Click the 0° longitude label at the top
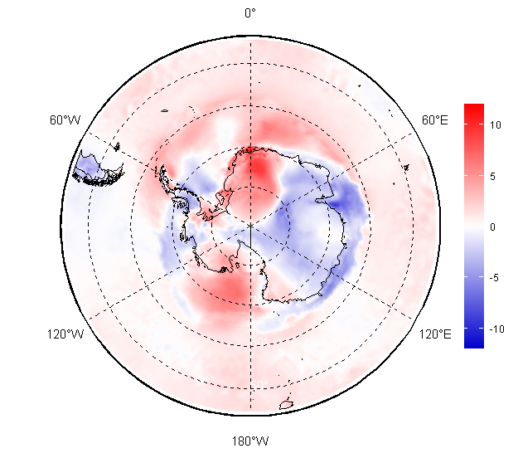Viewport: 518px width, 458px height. pyautogui.click(x=250, y=13)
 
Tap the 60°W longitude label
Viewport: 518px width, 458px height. pyautogui.click(x=65, y=120)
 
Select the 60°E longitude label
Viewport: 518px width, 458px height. pyautogui.click(x=435, y=120)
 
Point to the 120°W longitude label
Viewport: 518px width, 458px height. pyautogui.click(x=65, y=334)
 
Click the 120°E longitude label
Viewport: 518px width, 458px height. pyautogui.click(x=435, y=334)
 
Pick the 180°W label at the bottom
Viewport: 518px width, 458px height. pyautogui.click(x=250, y=441)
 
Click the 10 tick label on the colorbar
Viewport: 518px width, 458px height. pyautogui.click(x=495, y=125)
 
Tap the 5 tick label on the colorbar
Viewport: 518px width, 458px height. pyautogui.click(x=492, y=176)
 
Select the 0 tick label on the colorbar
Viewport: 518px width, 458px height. pyautogui.click(x=492, y=227)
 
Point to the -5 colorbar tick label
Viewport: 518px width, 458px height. pyautogui.click(x=494, y=278)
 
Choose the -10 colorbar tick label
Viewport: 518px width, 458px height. pyautogui.click(x=496, y=329)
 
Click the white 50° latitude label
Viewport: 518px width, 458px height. pyautogui.click(x=259, y=385)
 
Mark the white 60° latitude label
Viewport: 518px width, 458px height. pyautogui.click(x=260, y=341)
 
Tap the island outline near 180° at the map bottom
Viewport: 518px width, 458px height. pyautogui.click(x=287, y=404)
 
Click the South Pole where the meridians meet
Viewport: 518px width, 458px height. pyautogui.click(x=250, y=225)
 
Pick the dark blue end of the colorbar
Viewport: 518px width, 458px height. pyautogui.click(x=474, y=343)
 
